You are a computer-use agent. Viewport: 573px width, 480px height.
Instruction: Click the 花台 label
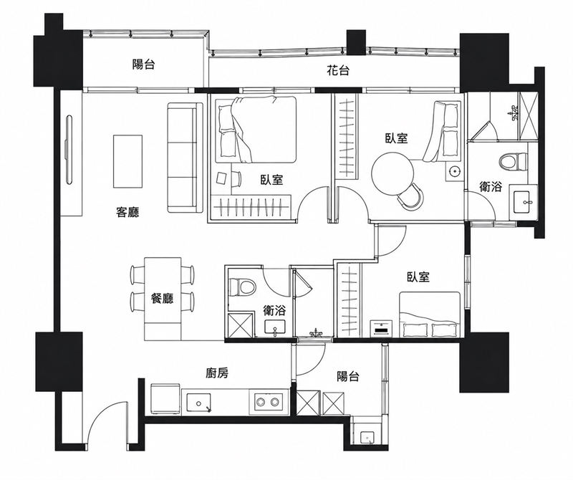(x=337, y=70)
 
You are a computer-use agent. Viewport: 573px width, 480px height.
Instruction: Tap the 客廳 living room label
(x=127, y=212)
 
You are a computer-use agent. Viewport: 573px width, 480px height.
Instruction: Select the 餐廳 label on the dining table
(x=163, y=299)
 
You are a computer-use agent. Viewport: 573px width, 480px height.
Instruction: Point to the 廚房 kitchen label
(x=217, y=373)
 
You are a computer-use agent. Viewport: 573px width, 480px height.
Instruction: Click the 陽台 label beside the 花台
(x=144, y=64)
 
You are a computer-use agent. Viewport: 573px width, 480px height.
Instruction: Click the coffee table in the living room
(x=127, y=161)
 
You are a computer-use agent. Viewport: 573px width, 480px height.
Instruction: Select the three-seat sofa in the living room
(x=185, y=158)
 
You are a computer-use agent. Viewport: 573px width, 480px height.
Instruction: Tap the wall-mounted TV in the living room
(x=69, y=149)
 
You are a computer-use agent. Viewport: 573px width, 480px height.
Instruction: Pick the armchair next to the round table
(x=411, y=197)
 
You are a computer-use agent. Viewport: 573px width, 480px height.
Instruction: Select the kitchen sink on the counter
(x=199, y=403)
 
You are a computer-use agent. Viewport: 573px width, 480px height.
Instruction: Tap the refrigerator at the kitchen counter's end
(x=165, y=399)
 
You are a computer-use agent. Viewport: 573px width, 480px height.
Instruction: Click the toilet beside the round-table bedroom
(x=514, y=162)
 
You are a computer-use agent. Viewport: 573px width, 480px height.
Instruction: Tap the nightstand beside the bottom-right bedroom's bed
(x=381, y=329)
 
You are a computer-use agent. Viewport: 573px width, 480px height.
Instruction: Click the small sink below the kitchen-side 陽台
(x=366, y=437)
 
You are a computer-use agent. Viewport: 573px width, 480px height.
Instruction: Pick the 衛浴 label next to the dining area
(x=274, y=311)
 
